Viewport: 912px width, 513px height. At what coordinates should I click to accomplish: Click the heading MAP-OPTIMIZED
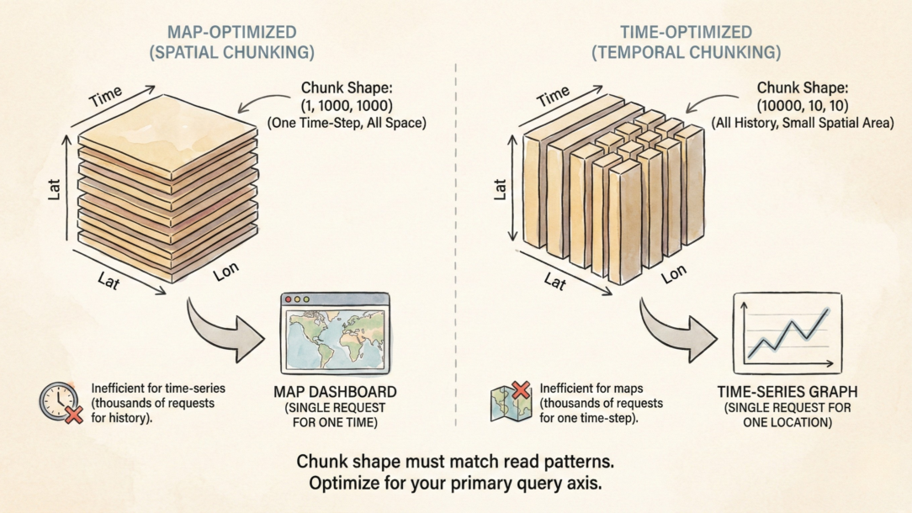tap(231, 33)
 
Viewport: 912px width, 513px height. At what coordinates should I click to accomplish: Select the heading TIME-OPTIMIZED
tap(686, 33)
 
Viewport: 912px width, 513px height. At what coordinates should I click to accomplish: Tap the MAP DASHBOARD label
tap(335, 393)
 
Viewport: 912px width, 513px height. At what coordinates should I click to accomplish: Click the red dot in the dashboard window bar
tap(289, 299)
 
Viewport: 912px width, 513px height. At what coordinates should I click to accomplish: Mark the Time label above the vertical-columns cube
tap(553, 95)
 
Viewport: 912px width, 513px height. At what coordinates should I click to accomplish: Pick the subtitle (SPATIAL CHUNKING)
tap(231, 52)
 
